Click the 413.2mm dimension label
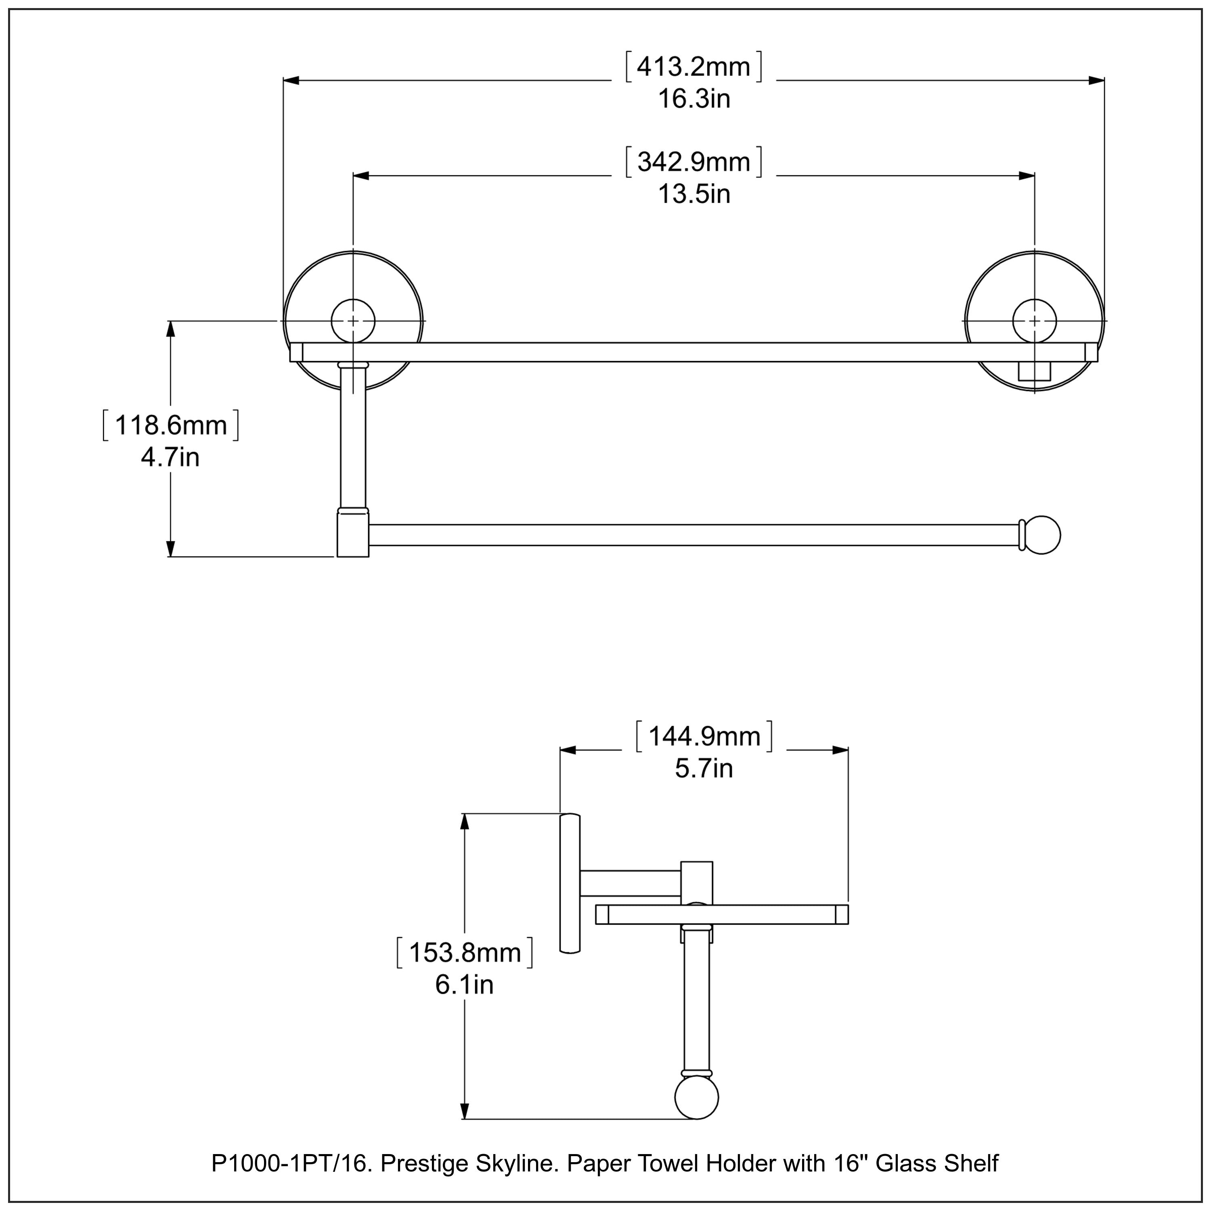pos(693,67)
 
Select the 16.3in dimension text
pos(693,99)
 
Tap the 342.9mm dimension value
pos(693,162)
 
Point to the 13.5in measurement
pos(693,194)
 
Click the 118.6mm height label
pos(170,425)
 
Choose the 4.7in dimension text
pos(170,458)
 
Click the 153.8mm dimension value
pos(465,952)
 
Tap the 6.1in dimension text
pos(465,985)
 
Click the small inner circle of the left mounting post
pos(353,321)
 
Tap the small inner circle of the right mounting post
pos(1034,321)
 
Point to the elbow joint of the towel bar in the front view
pos(353,533)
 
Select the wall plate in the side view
pos(570,883)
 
